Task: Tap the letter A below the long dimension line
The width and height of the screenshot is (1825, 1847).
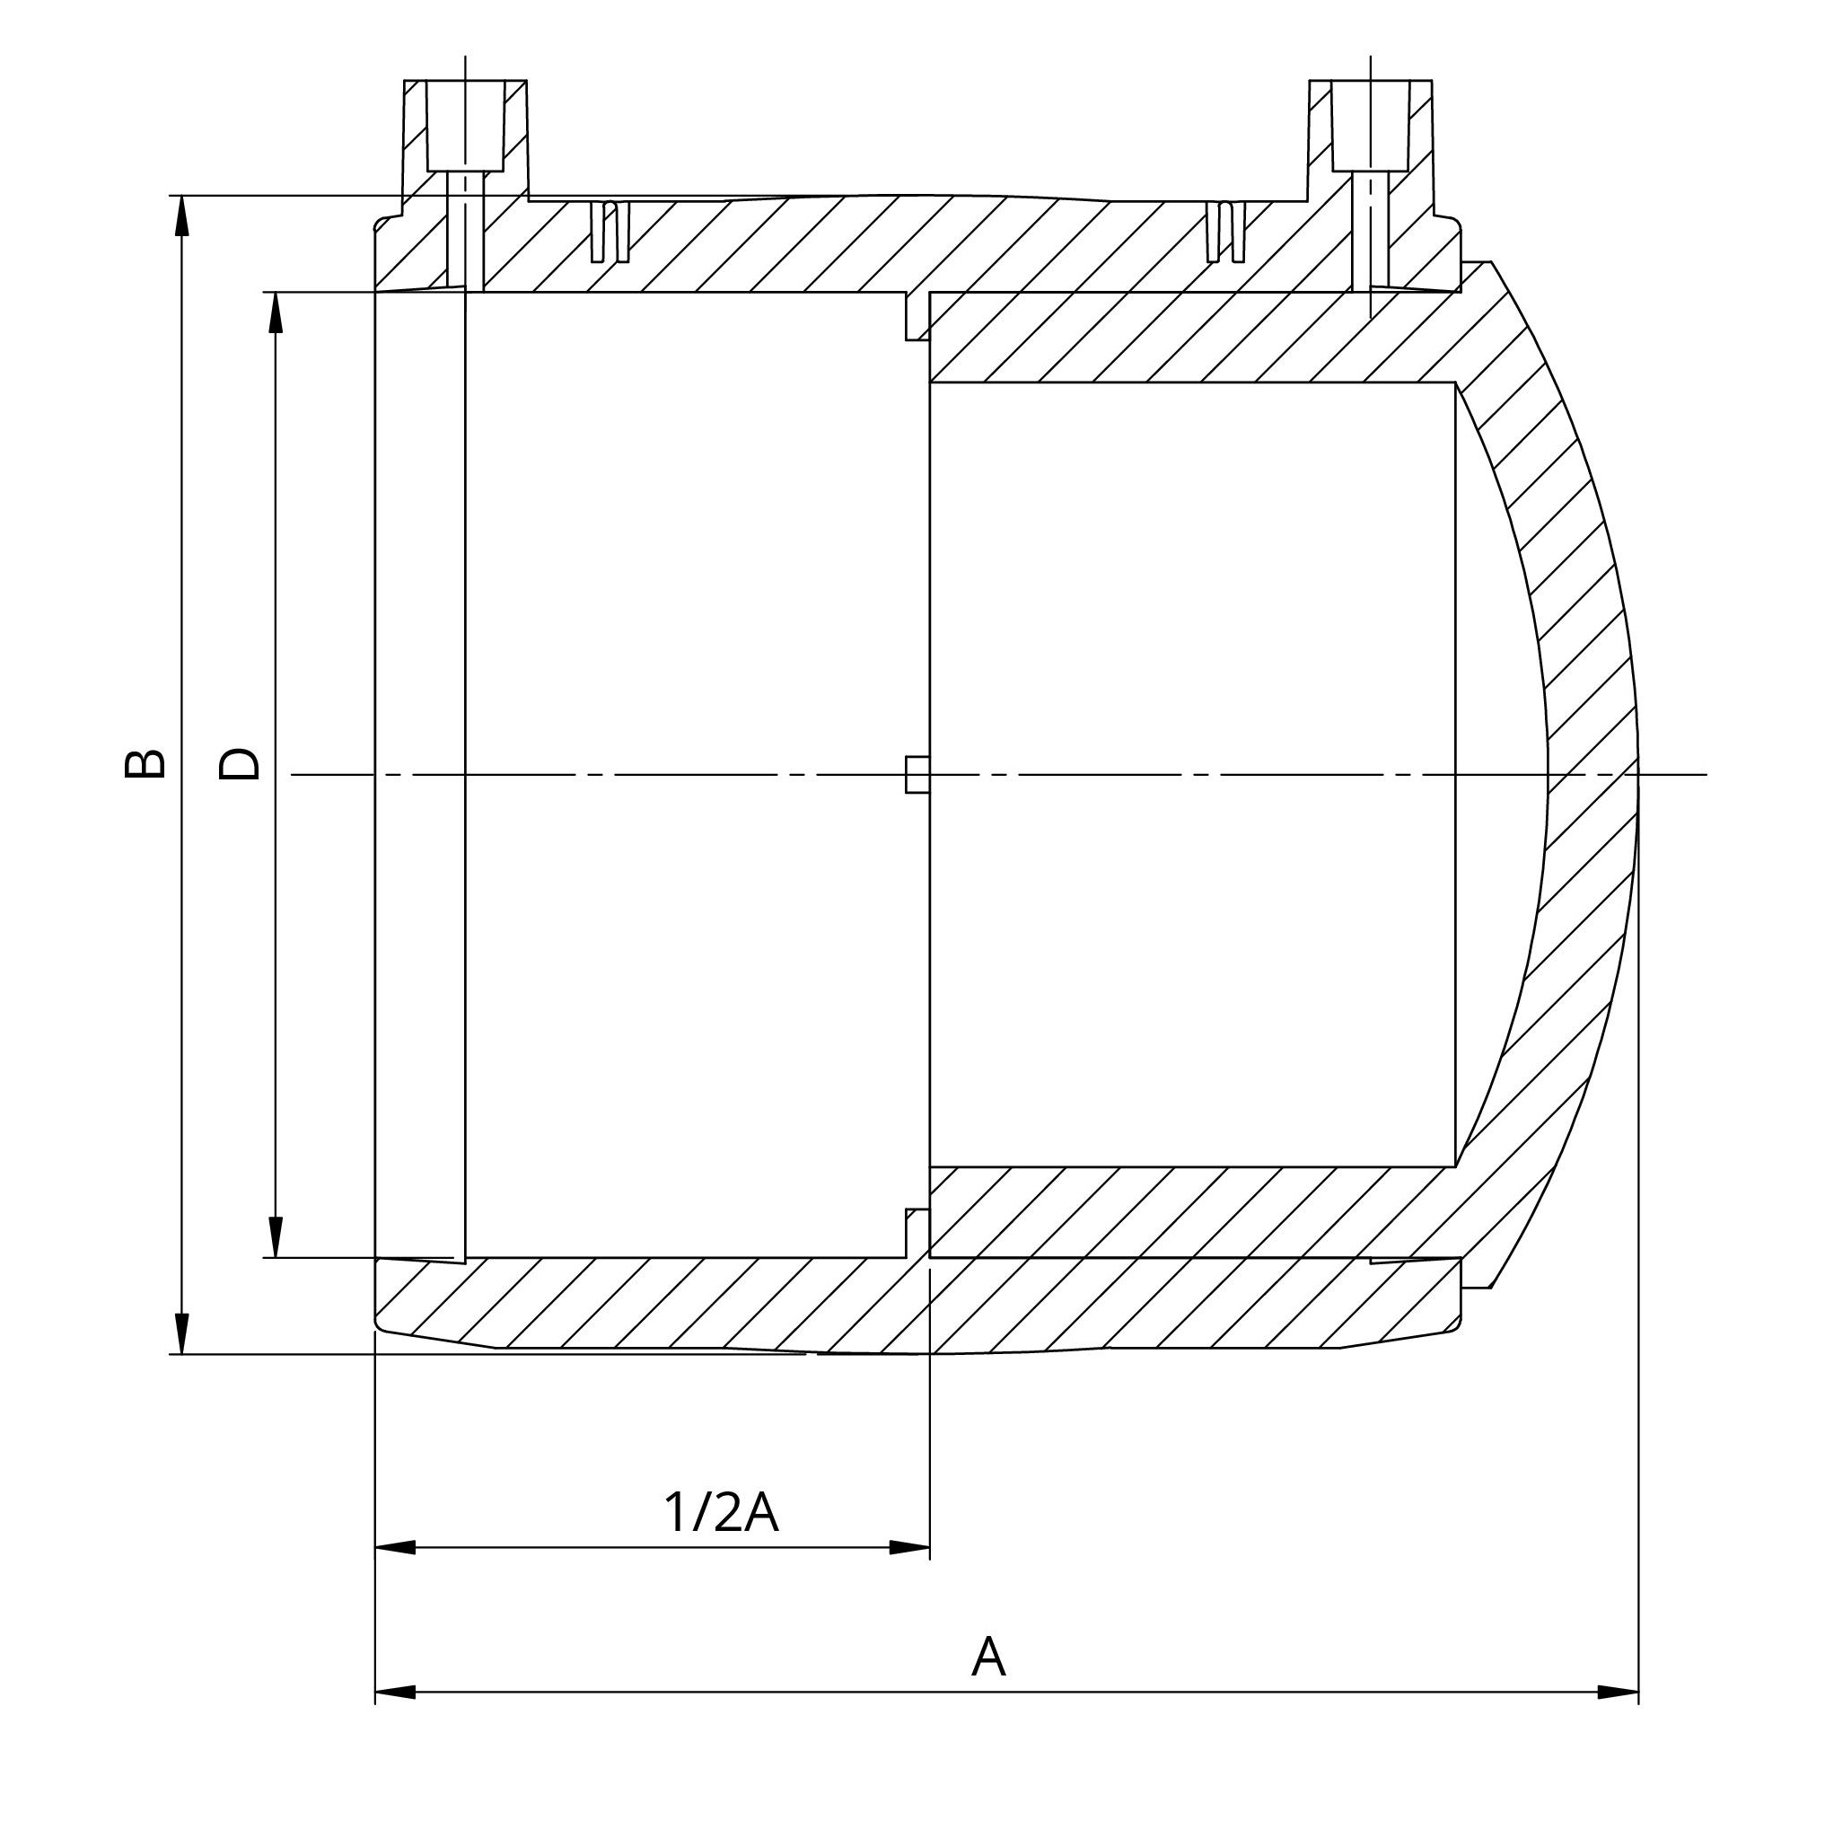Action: [x=988, y=1657]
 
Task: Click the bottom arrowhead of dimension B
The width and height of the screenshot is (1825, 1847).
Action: [x=181, y=1334]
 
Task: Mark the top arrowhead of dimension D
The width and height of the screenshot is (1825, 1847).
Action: [x=276, y=311]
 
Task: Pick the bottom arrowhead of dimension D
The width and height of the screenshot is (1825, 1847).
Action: [x=276, y=1238]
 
